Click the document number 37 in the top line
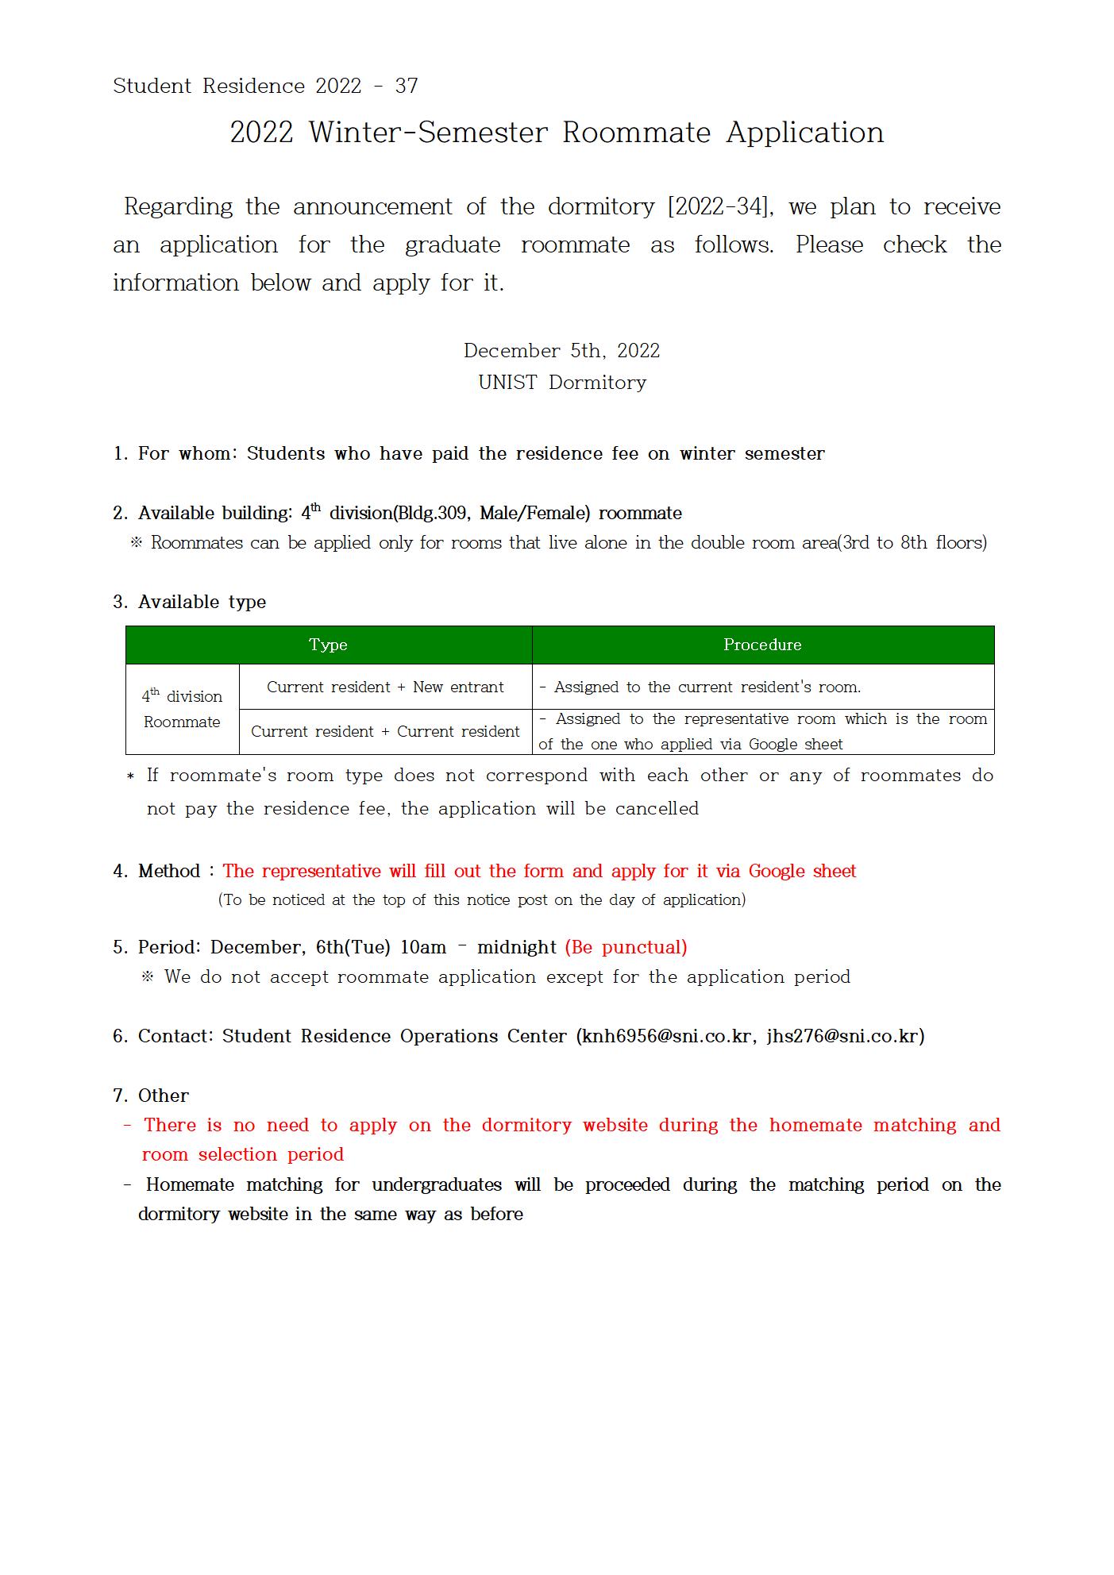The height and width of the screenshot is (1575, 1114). pos(407,86)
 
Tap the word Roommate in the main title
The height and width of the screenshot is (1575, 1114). pos(636,133)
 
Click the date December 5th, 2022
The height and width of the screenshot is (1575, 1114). pos(561,351)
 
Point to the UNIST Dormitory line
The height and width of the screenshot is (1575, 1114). pos(562,383)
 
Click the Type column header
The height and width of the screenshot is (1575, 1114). pos(328,645)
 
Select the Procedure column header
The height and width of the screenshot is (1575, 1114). pos(762,645)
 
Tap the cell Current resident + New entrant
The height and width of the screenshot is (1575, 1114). pos(385,687)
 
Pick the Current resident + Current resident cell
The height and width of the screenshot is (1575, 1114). pos(385,731)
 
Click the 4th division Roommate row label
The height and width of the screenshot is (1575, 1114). pos(182,709)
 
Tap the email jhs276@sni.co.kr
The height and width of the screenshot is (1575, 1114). pos(842,1036)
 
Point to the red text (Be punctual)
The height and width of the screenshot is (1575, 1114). pos(626,947)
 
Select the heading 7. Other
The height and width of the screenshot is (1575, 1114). pos(151,1096)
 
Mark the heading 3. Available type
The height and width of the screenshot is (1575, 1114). pos(189,602)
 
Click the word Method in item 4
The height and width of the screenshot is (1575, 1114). pos(169,871)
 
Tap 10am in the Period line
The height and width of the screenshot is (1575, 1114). pos(423,947)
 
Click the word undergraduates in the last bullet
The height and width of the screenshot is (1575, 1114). pos(437,1184)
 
